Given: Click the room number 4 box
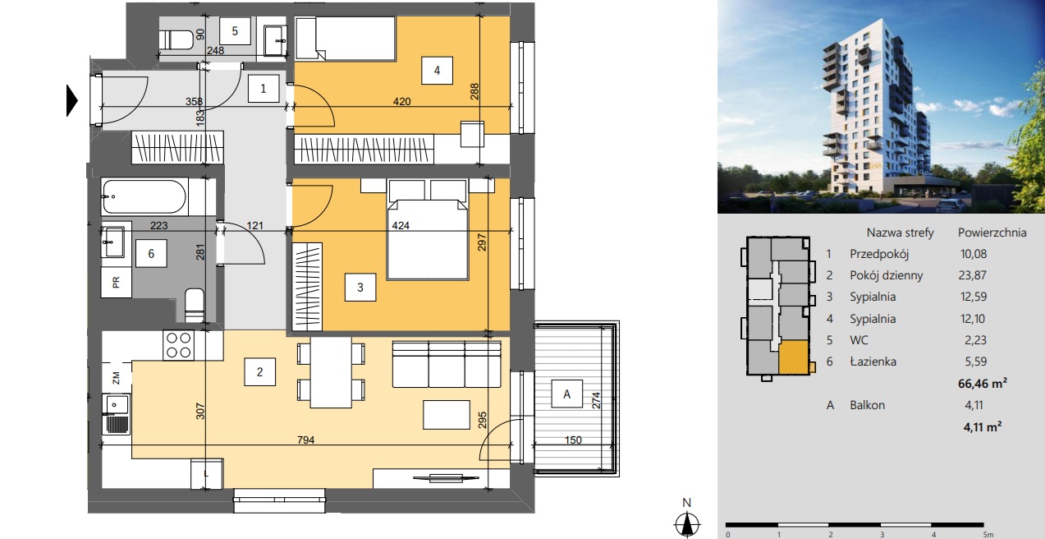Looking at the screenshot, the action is click(x=437, y=71).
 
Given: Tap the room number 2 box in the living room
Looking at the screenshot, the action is click(x=260, y=371).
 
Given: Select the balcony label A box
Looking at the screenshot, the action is click(x=566, y=394).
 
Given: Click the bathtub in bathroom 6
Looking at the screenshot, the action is click(x=144, y=196).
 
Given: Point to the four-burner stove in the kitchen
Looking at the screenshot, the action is click(x=179, y=345).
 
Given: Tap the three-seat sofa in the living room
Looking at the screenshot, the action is click(x=447, y=364).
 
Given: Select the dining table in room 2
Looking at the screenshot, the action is click(x=331, y=372).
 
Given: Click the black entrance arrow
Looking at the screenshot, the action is click(x=72, y=100).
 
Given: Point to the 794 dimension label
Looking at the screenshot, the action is click(x=305, y=440).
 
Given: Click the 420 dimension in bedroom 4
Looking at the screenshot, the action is click(x=401, y=101).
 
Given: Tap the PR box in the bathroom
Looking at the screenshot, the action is click(x=117, y=282).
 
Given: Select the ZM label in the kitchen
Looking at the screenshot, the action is click(x=117, y=377).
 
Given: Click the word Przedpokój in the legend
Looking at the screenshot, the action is click(x=879, y=254).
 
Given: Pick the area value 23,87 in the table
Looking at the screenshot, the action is click(x=973, y=275).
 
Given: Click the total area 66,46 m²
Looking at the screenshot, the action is click(x=983, y=384).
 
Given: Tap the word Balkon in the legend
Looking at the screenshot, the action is click(x=867, y=405).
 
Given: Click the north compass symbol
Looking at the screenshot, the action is click(x=687, y=523).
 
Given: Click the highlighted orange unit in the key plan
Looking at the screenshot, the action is click(x=793, y=357).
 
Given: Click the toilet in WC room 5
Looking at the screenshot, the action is click(x=176, y=39).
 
